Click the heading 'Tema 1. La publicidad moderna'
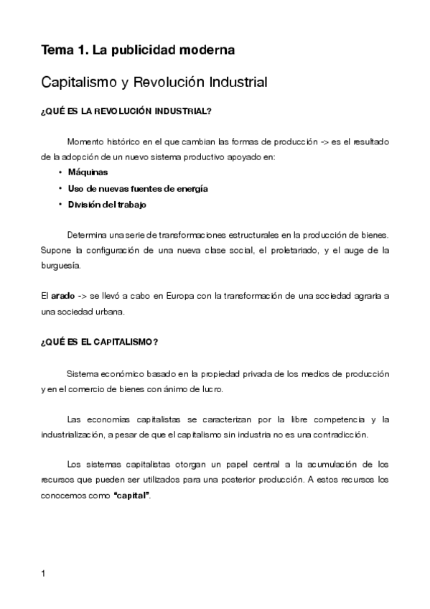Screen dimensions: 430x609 (138, 50)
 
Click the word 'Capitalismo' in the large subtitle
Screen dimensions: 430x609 (83, 83)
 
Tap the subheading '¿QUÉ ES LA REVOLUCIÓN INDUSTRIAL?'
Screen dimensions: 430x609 (126, 111)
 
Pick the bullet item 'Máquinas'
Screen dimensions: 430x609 (88, 172)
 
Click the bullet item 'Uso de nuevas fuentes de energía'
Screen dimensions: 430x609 (138, 188)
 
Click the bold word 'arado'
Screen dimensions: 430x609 (63, 296)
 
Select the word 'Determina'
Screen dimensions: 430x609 (88, 235)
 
